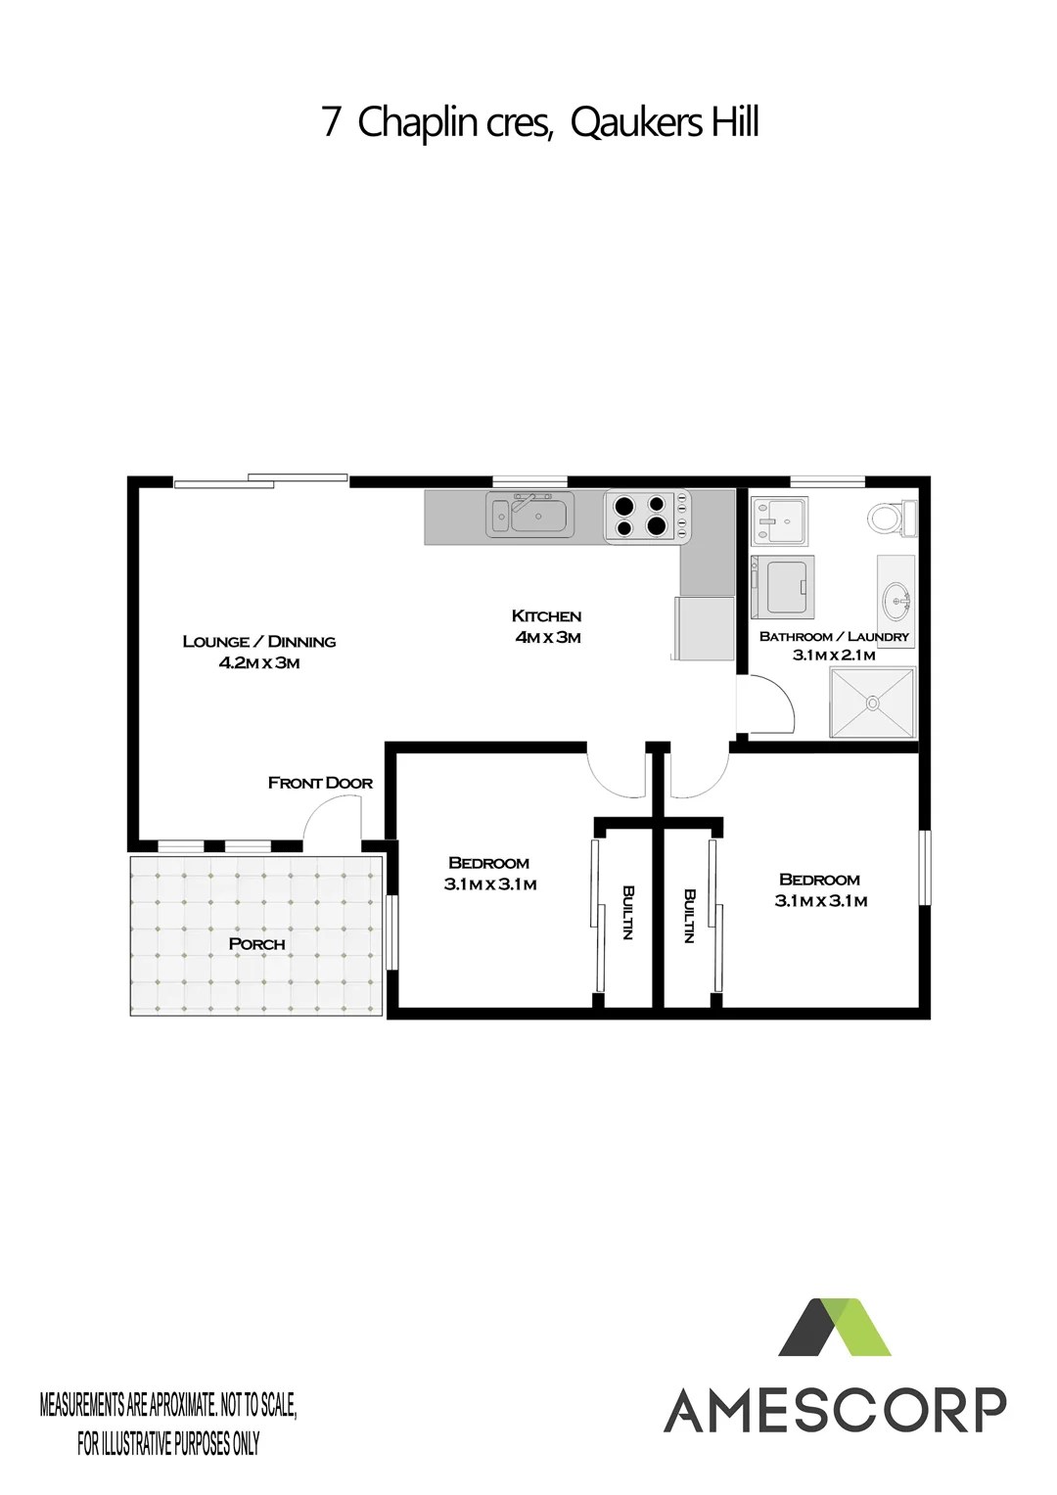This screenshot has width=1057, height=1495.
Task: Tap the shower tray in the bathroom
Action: point(872,702)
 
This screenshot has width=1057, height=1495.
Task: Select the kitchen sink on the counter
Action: point(529,514)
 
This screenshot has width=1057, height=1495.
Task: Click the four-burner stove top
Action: point(648,515)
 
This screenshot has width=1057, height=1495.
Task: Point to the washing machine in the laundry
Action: point(783,586)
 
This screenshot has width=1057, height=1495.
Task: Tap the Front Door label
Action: point(320,783)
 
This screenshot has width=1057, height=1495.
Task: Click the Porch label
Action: point(256,944)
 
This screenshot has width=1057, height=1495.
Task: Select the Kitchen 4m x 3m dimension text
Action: point(547,626)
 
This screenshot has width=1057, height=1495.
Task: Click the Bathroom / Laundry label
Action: point(834,637)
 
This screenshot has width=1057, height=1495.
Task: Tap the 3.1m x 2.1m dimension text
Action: point(834,656)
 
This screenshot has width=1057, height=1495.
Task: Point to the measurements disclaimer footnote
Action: point(168,1423)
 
